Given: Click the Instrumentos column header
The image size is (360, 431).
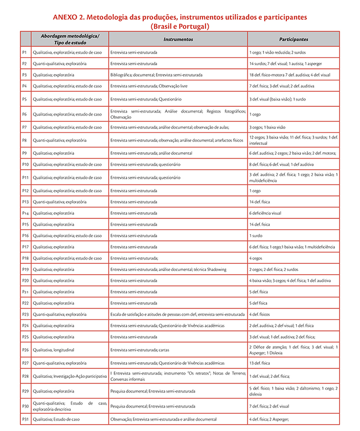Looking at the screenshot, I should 178,39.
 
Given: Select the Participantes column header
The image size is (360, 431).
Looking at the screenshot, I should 293,39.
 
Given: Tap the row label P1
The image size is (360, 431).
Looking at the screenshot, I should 25,53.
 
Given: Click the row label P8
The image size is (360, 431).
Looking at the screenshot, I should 25,140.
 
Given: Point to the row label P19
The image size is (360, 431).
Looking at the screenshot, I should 25,269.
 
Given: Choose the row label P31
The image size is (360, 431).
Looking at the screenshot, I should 25,419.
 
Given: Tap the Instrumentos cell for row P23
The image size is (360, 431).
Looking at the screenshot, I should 177,314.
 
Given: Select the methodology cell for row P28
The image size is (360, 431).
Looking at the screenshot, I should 69,376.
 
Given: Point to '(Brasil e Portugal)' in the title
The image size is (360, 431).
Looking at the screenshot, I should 179,26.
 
